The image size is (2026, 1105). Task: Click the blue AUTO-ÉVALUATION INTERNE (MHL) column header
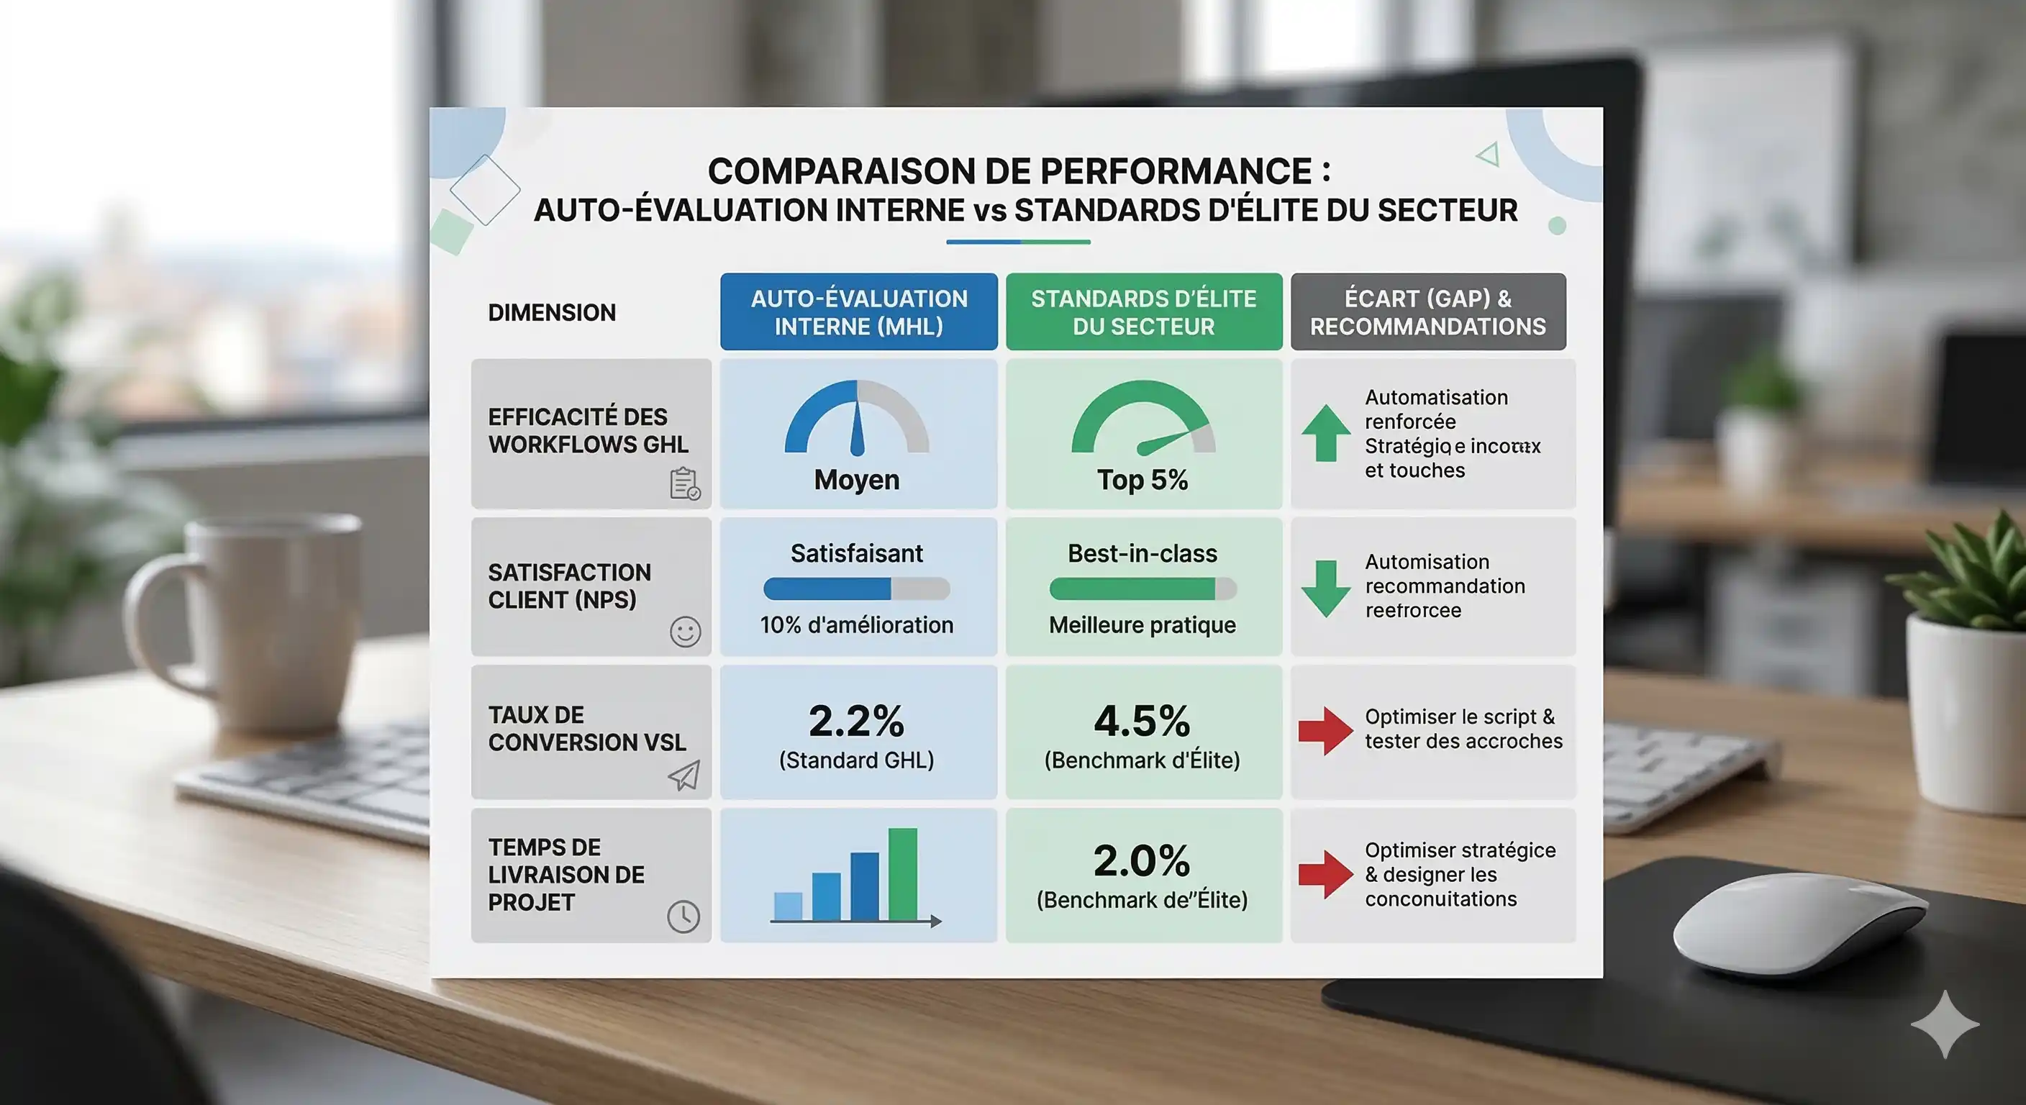(858, 312)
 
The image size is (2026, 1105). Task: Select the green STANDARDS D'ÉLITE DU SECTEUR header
(1143, 312)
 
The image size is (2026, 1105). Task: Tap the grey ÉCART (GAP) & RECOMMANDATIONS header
(1427, 312)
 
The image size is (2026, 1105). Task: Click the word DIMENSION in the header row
(551, 313)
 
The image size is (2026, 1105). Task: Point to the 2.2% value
(856, 720)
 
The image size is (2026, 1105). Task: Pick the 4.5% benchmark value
(1142, 720)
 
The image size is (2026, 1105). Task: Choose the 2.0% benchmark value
(1142, 860)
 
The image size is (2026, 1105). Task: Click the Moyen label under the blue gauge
(856, 479)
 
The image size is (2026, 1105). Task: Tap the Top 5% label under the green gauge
(1142, 479)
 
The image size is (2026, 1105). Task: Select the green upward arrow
(1326, 433)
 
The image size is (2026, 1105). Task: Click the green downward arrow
(1326, 588)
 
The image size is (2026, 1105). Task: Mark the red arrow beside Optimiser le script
(1325, 731)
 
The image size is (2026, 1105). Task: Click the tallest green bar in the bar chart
(902, 874)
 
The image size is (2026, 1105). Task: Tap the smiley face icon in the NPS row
(685, 632)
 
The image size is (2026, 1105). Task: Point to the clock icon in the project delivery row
(683, 917)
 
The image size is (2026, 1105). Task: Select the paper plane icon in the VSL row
(684, 776)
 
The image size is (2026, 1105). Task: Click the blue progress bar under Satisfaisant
(827, 589)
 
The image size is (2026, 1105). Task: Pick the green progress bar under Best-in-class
(1132, 589)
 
